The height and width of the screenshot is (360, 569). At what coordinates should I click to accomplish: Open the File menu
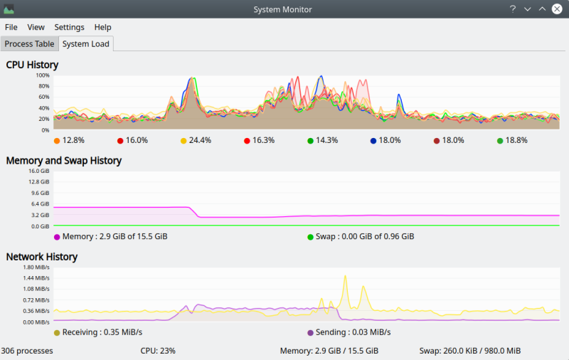[x=11, y=27]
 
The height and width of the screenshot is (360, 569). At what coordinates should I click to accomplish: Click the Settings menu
[x=69, y=27]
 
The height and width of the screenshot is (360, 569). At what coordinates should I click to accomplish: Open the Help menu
[x=102, y=27]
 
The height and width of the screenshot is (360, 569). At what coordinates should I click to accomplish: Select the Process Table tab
[x=29, y=43]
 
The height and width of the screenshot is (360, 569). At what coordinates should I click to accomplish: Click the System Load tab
[x=85, y=43]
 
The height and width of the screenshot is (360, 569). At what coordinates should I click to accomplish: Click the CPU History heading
[x=32, y=65]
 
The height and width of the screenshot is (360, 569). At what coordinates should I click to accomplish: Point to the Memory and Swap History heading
[x=63, y=161]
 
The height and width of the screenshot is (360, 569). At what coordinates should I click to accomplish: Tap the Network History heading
[x=41, y=257]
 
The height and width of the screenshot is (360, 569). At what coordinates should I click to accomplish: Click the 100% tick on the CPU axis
[x=43, y=75]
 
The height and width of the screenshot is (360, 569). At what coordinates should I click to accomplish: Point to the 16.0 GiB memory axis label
[x=38, y=171]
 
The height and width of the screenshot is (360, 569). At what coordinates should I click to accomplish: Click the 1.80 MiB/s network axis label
[x=36, y=267]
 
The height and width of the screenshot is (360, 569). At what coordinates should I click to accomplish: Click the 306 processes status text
[x=27, y=351]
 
